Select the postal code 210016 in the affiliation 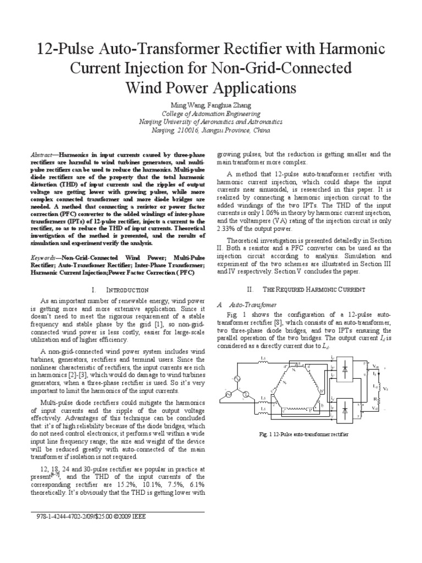pos(186,130)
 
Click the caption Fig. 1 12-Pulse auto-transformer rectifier pos(304,434)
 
